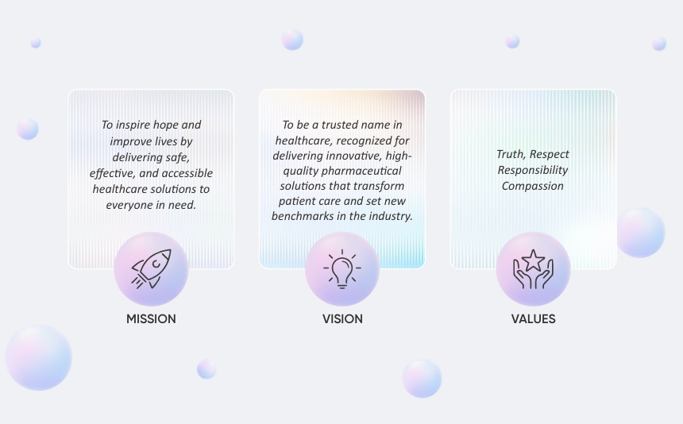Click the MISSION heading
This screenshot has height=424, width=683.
(x=151, y=319)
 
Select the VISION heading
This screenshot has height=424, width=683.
(x=342, y=319)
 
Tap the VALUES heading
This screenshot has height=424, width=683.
(x=533, y=319)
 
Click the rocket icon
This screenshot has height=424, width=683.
(x=152, y=268)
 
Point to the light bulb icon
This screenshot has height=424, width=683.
(x=342, y=268)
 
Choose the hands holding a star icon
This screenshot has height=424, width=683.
(x=533, y=269)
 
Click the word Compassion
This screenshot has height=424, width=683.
(x=533, y=186)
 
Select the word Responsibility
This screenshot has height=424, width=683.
(x=533, y=170)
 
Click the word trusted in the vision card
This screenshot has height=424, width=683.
(x=340, y=125)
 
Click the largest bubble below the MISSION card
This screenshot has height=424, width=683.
(x=38, y=357)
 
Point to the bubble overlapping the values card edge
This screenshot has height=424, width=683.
(x=640, y=233)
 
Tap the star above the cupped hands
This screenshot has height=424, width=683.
(x=533, y=260)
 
